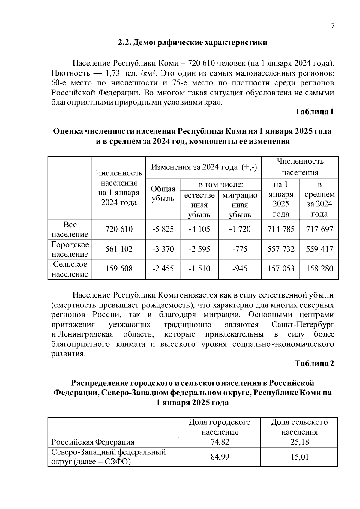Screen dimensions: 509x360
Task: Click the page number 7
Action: [x=332, y=26]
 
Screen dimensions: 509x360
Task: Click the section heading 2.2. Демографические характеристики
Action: [x=192, y=42]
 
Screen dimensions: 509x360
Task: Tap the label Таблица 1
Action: [x=314, y=112]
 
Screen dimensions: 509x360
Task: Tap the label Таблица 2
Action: [x=314, y=364]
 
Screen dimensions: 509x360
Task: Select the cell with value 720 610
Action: [x=119, y=229]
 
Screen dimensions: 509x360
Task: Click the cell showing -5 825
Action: [x=163, y=229]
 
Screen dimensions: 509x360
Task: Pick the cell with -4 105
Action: [x=199, y=229]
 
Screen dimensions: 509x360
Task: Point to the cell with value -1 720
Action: [x=240, y=229]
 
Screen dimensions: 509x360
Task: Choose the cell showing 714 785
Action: [x=281, y=229]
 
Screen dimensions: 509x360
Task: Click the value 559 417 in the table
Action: [x=319, y=249]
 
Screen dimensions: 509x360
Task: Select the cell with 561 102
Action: [x=119, y=249]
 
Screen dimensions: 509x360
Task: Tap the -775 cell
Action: [x=240, y=249]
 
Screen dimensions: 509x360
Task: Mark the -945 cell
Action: [x=240, y=269]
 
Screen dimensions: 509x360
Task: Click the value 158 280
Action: [x=319, y=269]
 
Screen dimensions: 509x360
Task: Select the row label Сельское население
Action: [x=70, y=269]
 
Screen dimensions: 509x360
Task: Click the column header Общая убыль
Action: [x=163, y=194]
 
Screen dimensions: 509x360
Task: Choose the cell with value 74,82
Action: [x=220, y=442]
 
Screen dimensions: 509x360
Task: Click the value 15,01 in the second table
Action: [x=299, y=457]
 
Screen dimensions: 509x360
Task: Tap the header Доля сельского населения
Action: [x=299, y=427]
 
